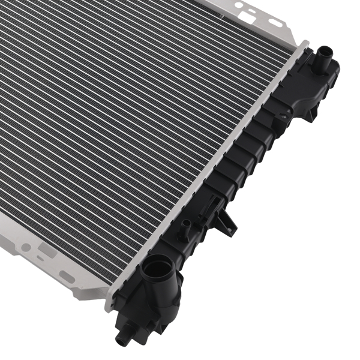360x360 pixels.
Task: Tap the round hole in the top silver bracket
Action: pyautogui.click(x=239, y=5)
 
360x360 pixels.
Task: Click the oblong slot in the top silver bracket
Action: pyautogui.click(x=275, y=22)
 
